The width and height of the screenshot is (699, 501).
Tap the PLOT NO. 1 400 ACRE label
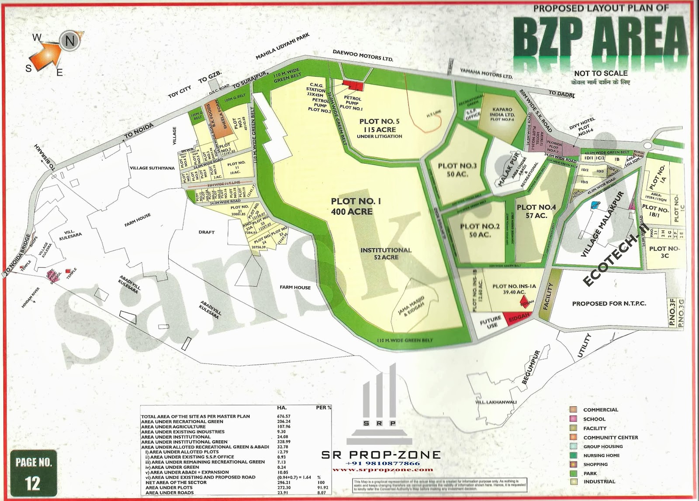coord(352,206)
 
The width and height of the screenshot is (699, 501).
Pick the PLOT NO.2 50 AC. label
coord(479,230)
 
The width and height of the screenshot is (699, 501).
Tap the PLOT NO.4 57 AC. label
coord(536,211)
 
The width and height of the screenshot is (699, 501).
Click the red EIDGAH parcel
coord(517,319)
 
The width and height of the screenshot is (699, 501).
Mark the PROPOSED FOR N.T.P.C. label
coord(609,303)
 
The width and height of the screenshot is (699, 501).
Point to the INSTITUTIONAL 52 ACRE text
coord(386,254)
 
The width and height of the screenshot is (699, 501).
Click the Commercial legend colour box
coord(573,410)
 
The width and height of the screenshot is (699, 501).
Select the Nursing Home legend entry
coord(601,455)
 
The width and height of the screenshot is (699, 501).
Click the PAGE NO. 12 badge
coord(33,473)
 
